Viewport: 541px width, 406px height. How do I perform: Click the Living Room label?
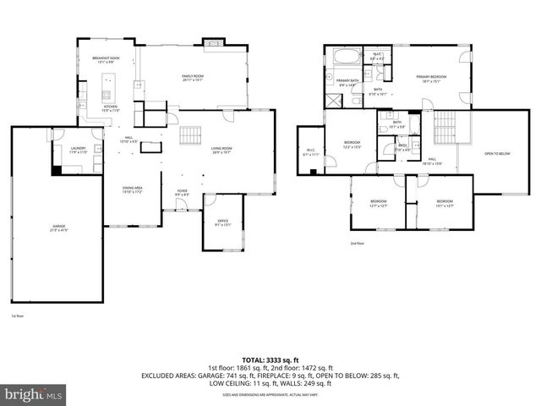pyautogui.click(x=221, y=151)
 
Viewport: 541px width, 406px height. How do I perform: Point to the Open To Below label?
pyautogui.click(x=496, y=154)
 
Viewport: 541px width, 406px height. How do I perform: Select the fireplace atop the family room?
pyautogui.click(x=212, y=41)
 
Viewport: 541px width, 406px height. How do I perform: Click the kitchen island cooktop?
pyautogui.click(x=107, y=85)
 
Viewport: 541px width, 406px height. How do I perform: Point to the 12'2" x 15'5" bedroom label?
pyautogui.click(x=352, y=144)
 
